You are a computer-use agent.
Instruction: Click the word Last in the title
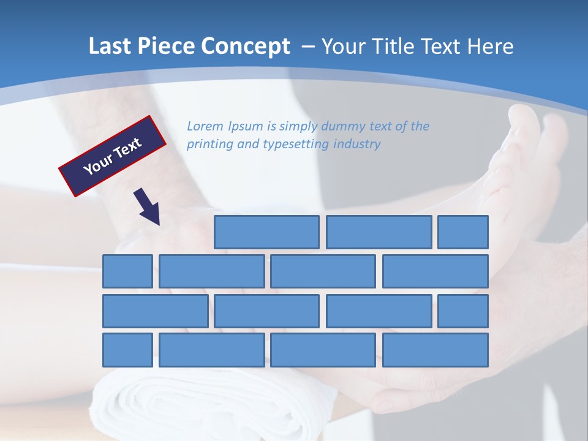110,47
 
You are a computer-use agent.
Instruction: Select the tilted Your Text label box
113,156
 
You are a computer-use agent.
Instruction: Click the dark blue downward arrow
148,206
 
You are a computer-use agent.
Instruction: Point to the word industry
357,145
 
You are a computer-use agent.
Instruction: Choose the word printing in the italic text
209,145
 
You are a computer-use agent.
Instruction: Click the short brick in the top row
463,232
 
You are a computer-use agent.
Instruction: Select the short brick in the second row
127,271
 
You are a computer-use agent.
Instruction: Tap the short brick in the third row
463,311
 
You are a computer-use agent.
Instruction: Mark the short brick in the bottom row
127,350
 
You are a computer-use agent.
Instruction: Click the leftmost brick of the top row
266,232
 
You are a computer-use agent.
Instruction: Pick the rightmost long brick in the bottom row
435,350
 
